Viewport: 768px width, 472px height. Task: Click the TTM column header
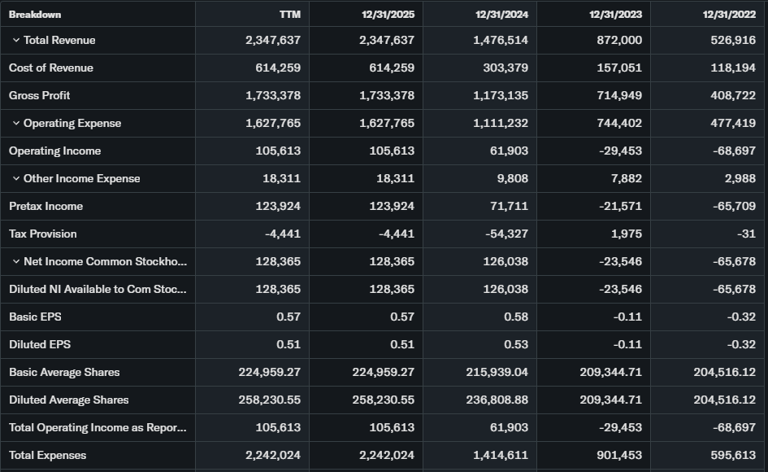coord(289,14)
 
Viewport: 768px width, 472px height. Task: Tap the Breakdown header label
coord(35,14)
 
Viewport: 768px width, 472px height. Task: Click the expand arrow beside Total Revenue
coord(16,41)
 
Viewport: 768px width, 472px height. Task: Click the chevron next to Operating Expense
coord(16,124)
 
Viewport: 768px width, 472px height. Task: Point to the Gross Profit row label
coord(40,96)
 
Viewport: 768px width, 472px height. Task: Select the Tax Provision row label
coord(43,234)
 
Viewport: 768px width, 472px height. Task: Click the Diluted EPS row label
coord(40,345)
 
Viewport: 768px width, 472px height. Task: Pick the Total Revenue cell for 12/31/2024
coord(501,41)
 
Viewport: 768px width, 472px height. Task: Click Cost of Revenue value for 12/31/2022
coord(734,68)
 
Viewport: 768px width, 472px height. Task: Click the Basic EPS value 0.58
coord(515,317)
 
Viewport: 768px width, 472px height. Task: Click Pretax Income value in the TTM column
coord(278,207)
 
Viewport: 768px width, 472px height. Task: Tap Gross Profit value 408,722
coord(734,96)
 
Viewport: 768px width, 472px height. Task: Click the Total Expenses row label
coord(47,456)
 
